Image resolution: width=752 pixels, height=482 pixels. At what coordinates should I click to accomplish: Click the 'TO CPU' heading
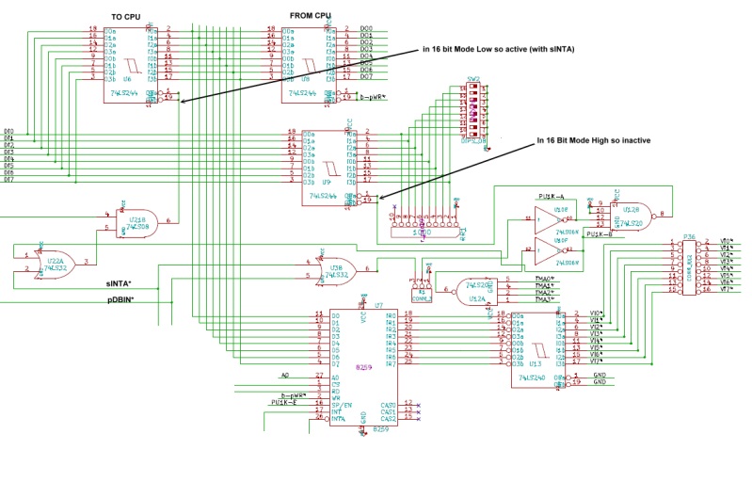[126, 17]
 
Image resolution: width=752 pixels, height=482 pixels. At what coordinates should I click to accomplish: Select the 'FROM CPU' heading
[311, 16]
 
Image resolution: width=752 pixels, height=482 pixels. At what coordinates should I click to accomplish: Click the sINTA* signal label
[120, 282]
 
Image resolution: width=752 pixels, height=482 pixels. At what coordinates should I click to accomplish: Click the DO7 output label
[366, 75]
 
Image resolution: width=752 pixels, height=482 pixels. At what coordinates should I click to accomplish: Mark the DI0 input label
[9, 131]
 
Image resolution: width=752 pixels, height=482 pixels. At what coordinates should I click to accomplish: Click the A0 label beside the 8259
[285, 374]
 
